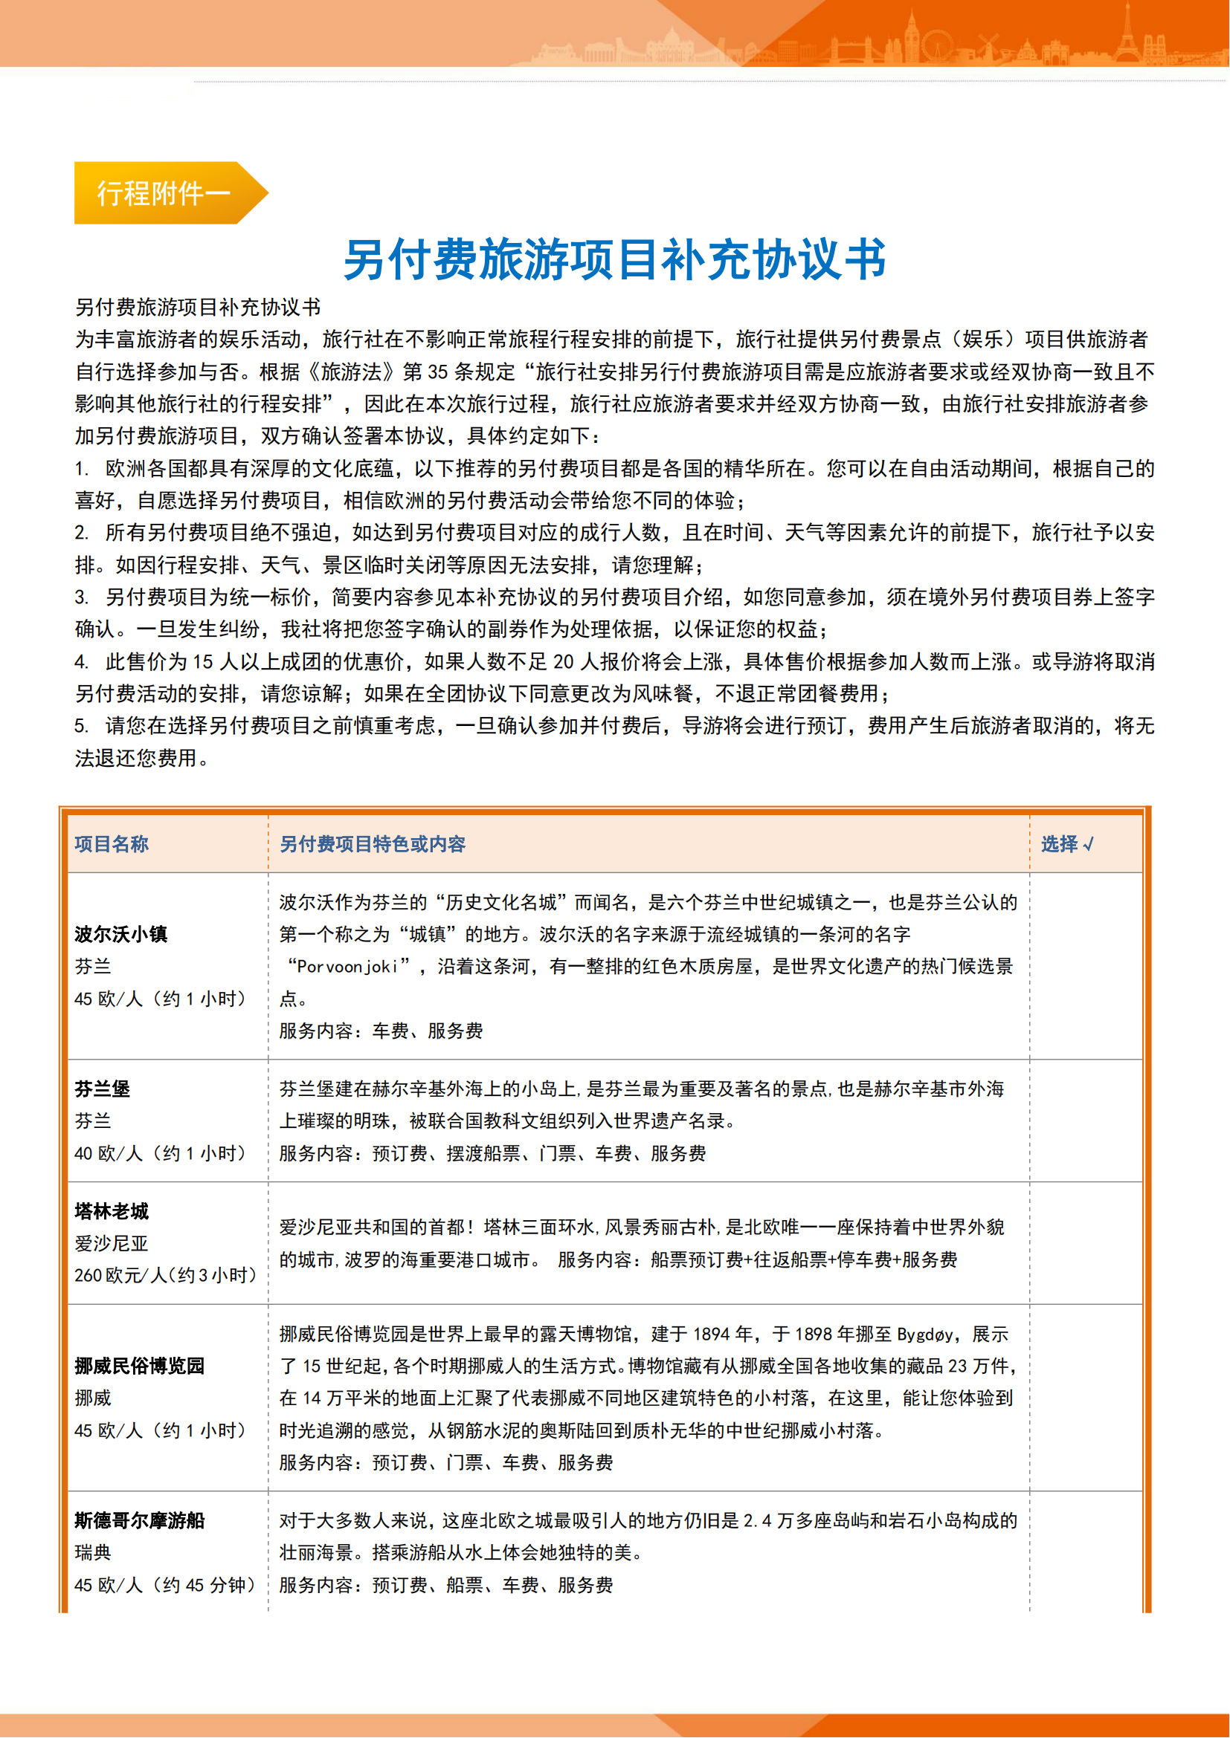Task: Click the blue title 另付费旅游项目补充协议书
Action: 614,259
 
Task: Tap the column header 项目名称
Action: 112,844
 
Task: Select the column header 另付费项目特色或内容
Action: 373,844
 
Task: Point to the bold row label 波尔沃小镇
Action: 121,934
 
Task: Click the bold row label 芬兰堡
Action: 102,1089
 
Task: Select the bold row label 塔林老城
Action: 112,1211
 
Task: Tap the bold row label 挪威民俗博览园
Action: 139,1366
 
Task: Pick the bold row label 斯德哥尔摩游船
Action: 139,1520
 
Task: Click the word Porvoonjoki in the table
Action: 347,967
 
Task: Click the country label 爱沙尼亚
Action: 112,1244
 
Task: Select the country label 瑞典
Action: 93,1552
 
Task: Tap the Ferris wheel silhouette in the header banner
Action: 937,45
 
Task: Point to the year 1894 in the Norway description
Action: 712,1335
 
